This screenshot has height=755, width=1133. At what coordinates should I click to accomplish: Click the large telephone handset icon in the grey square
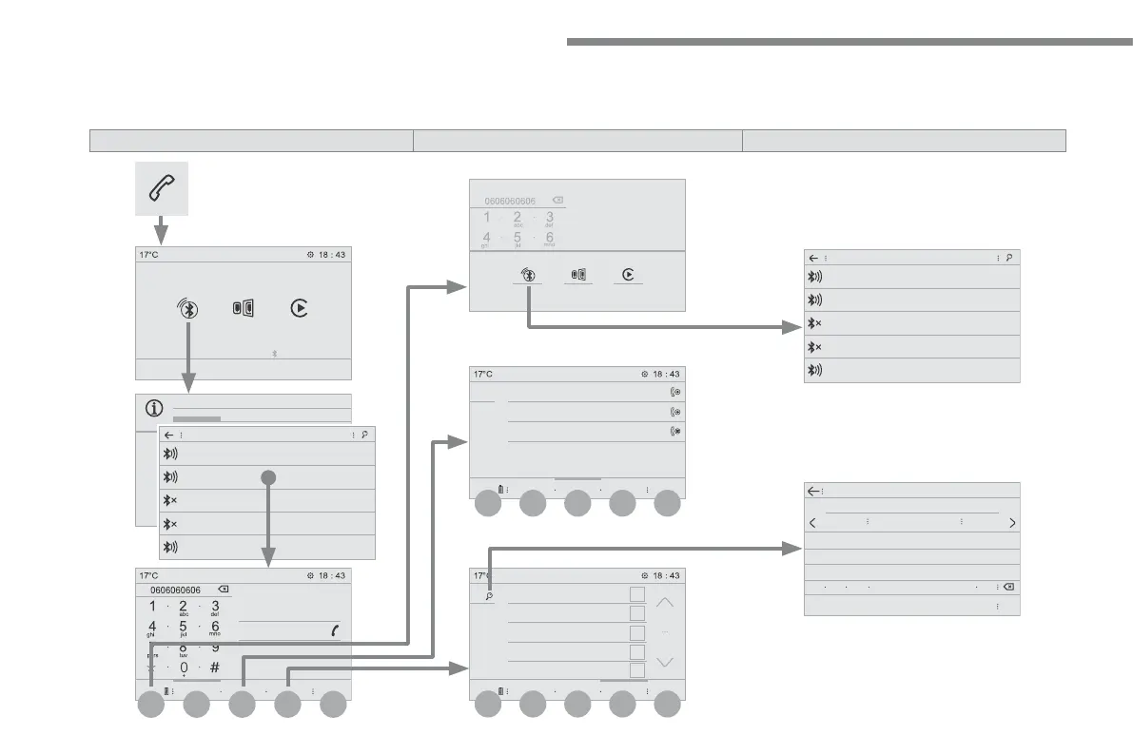point(161,187)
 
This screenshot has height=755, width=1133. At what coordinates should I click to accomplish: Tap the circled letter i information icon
point(153,409)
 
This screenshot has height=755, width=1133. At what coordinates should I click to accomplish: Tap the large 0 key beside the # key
point(184,668)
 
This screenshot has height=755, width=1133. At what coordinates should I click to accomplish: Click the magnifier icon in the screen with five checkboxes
point(489,596)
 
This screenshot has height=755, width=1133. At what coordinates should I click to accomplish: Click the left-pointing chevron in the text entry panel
point(812,523)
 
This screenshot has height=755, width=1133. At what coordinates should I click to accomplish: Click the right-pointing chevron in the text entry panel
point(1012,523)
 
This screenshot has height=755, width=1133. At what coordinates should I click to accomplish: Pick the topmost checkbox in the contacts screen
point(637,594)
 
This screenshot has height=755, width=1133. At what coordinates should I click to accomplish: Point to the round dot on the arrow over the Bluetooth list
point(268,477)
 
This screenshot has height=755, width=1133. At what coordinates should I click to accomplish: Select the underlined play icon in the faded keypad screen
point(628,274)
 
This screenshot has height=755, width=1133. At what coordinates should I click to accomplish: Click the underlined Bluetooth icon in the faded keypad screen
point(528,274)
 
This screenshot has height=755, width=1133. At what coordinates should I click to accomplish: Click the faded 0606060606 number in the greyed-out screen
point(510,202)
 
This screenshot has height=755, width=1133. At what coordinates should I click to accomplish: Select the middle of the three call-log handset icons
point(676,412)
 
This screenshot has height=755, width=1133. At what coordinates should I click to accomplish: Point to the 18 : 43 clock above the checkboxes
point(660,575)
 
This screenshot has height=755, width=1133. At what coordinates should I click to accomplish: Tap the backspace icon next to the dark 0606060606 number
point(224,590)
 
